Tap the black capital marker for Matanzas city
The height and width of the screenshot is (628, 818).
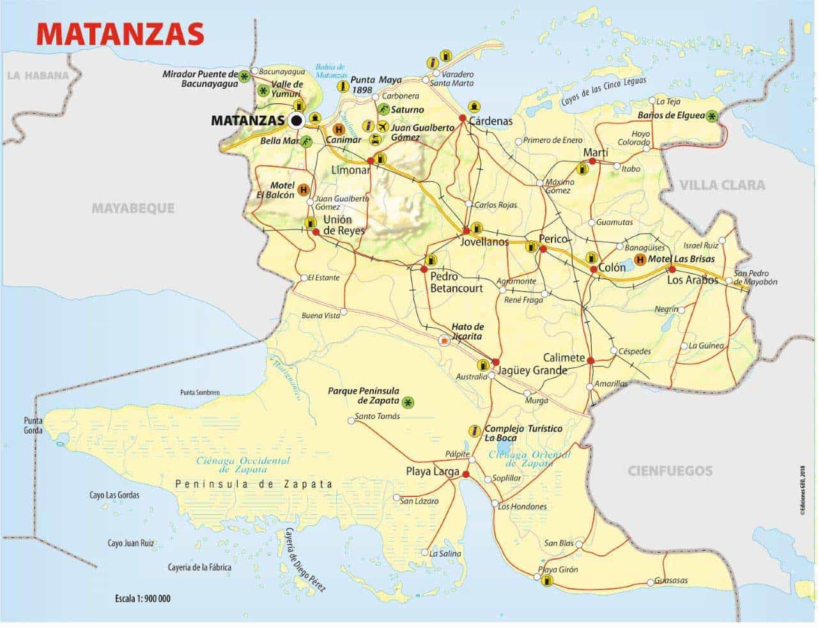[x=297, y=120]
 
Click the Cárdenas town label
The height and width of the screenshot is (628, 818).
[x=491, y=121]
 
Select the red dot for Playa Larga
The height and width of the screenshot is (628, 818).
[x=466, y=474]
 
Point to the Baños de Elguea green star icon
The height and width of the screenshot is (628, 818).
[x=712, y=116]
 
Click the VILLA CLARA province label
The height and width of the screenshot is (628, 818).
[x=722, y=185]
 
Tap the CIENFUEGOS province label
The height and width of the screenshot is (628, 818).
[x=670, y=471]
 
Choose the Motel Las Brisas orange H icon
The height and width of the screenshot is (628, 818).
[x=640, y=259]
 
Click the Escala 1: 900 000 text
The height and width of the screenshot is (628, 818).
[x=143, y=599]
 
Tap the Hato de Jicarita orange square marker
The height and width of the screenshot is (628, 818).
[x=444, y=341]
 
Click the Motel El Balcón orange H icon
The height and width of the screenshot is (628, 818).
[x=304, y=190]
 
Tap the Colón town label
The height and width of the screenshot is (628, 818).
[x=612, y=268]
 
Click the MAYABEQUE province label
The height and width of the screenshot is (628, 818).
[x=133, y=208]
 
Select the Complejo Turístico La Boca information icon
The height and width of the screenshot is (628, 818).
[x=474, y=430]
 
